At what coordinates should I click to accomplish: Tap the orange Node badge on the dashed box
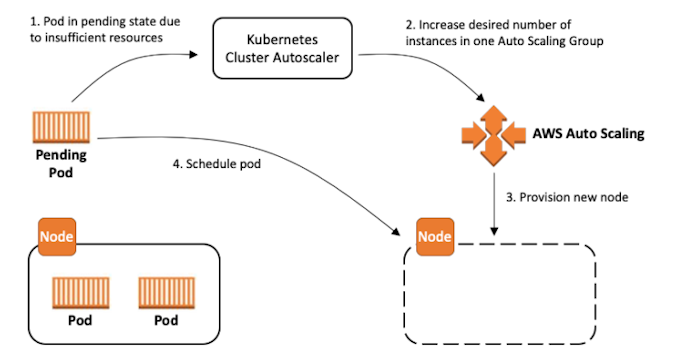(434, 237)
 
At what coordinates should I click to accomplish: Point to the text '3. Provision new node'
(565, 197)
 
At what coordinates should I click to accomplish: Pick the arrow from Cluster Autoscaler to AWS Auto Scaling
(430, 75)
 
